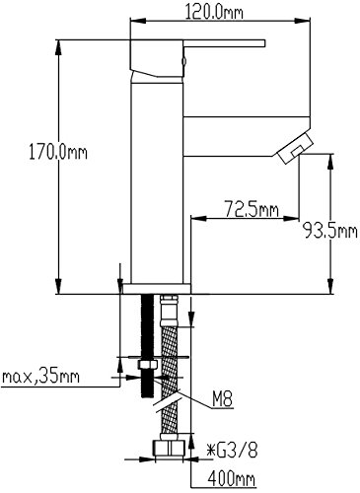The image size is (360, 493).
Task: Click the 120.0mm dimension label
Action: tap(214, 12)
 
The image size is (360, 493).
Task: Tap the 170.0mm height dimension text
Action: tap(58, 153)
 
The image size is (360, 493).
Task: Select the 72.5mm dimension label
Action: tap(252, 208)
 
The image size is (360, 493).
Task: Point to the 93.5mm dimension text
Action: tap(329, 231)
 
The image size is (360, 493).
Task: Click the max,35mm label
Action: tap(40, 377)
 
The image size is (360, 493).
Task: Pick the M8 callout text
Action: tap(222, 400)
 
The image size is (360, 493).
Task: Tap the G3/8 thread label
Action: tap(232, 451)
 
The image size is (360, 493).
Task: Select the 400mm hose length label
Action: tap(231, 478)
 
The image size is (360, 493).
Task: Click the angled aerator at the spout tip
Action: tap(296, 148)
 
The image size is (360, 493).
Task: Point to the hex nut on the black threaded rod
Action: tap(148, 365)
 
